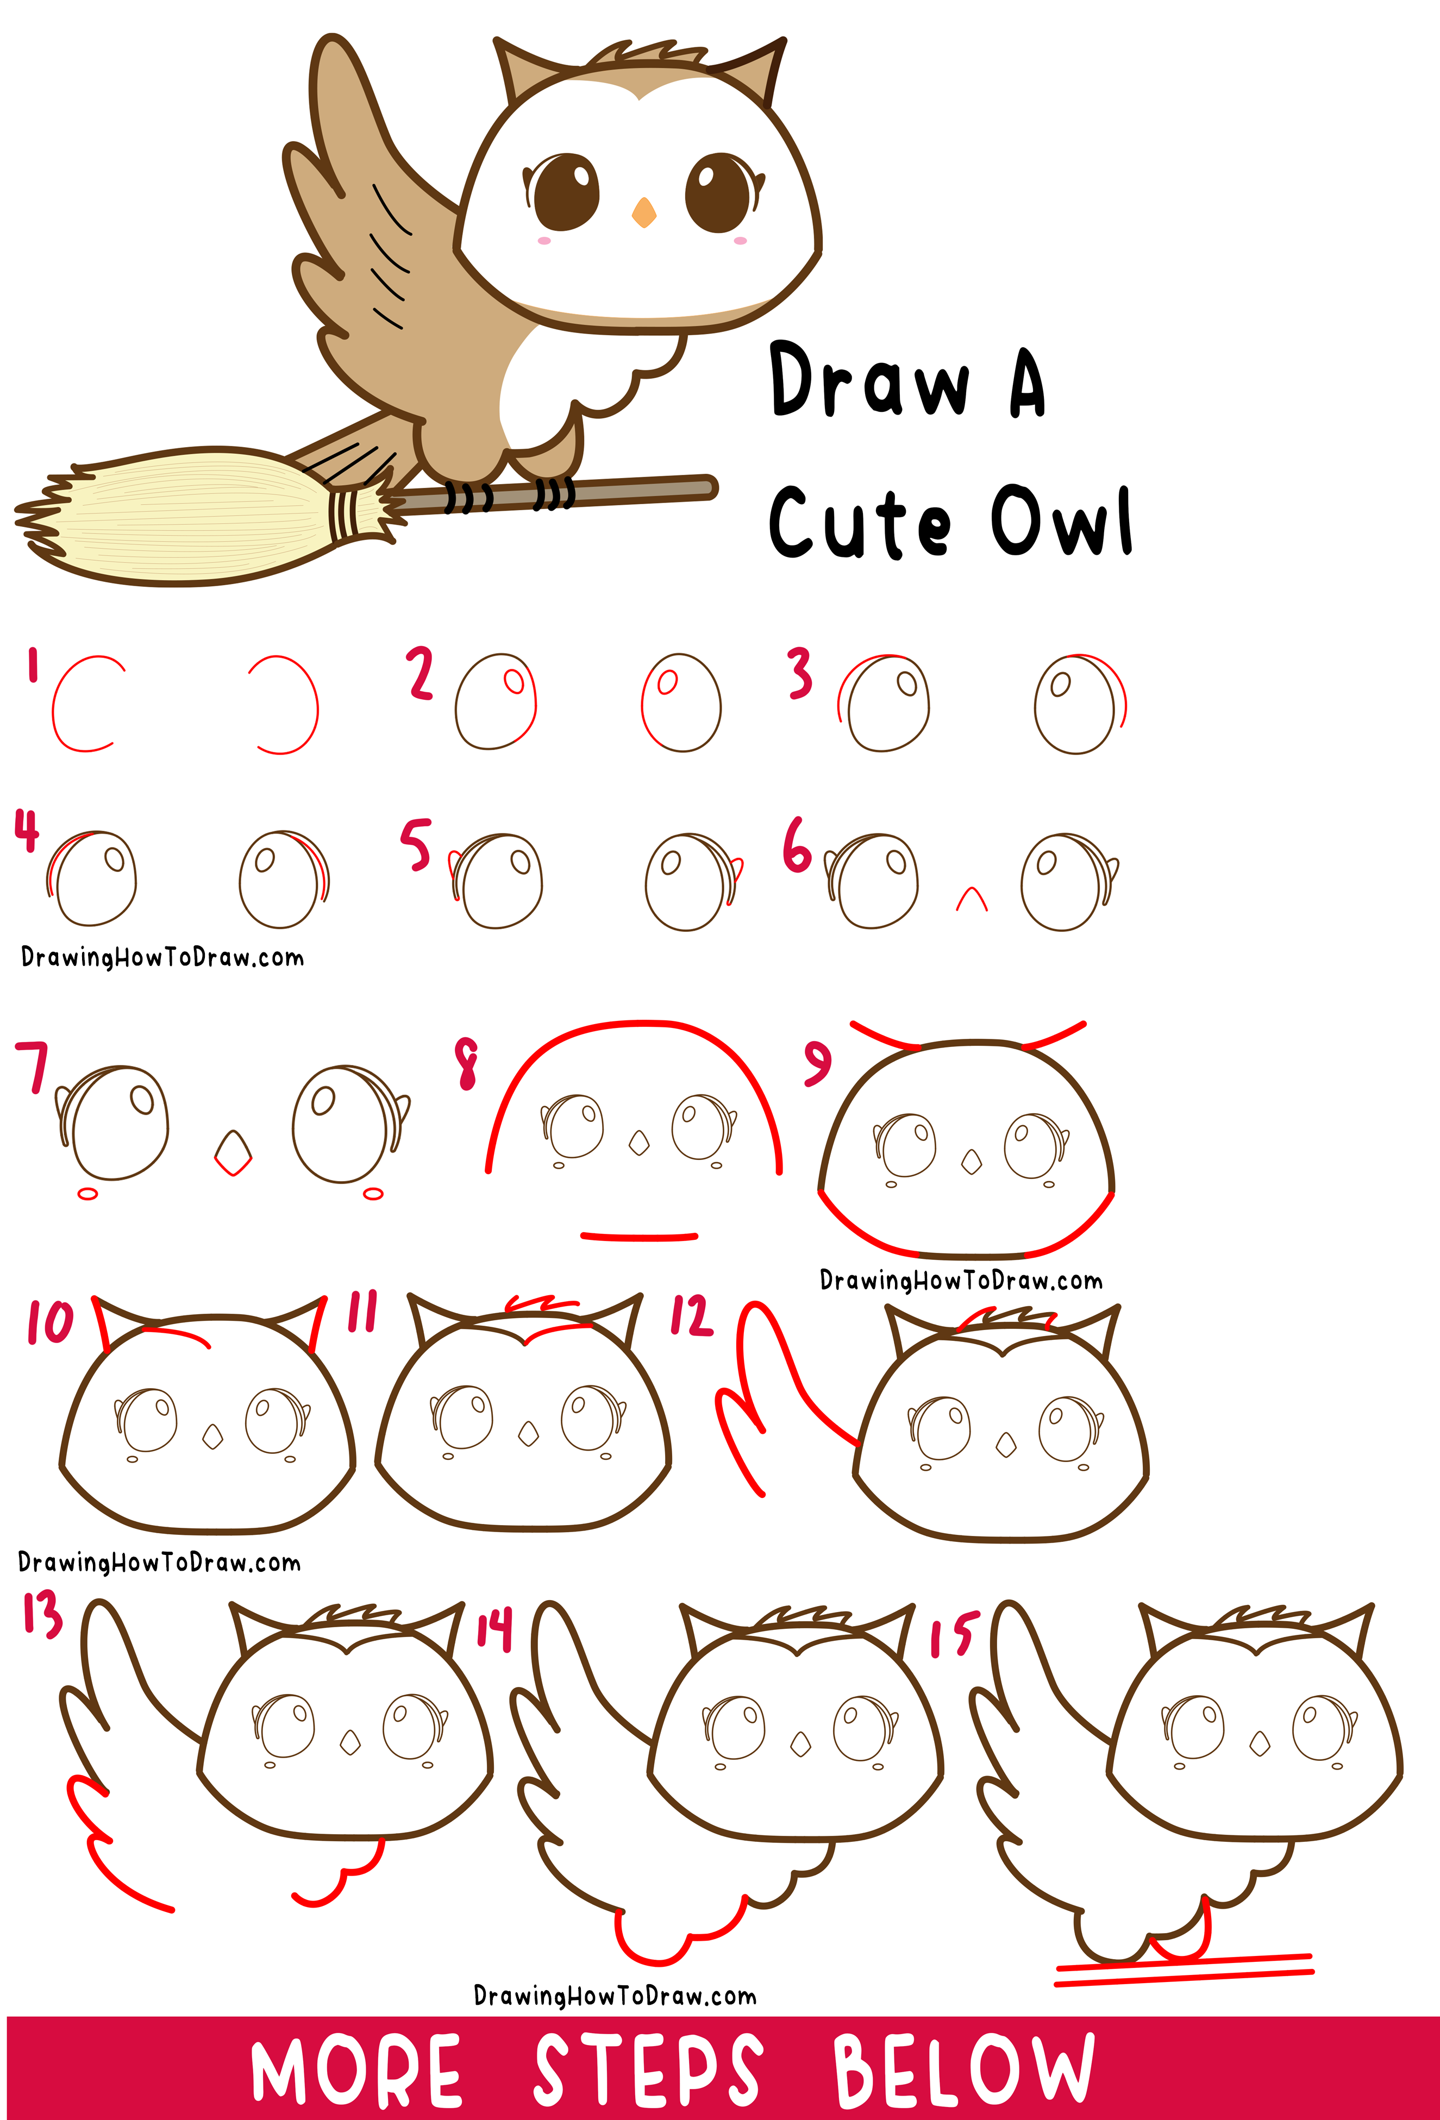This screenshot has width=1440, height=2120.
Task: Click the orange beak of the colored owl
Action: [643, 212]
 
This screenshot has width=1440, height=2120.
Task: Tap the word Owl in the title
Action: [1061, 522]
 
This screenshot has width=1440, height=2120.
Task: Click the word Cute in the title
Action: [860, 523]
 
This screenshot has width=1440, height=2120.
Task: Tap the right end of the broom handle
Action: [706, 488]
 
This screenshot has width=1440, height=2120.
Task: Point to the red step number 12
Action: [691, 1316]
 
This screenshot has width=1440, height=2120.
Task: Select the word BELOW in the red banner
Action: [963, 2069]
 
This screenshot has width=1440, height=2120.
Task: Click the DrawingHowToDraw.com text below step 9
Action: [960, 1281]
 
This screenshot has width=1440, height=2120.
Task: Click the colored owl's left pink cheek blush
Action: [544, 241]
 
